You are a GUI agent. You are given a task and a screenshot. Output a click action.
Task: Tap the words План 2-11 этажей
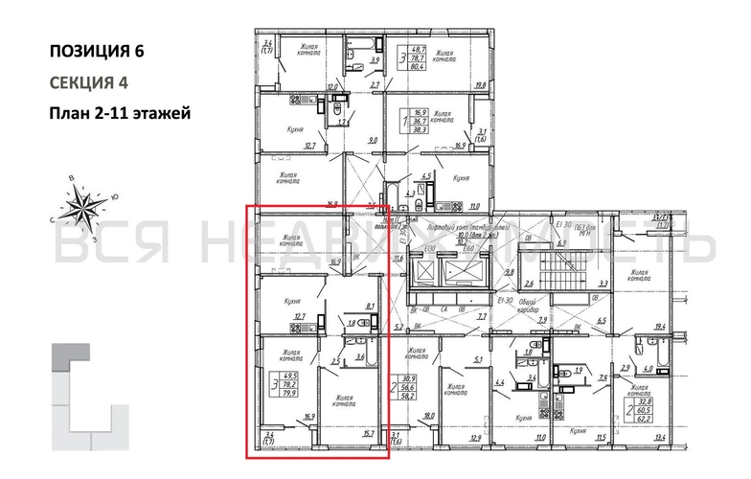pos(120,113)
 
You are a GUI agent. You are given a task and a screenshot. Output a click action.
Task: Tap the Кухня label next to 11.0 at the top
pos(461,178)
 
